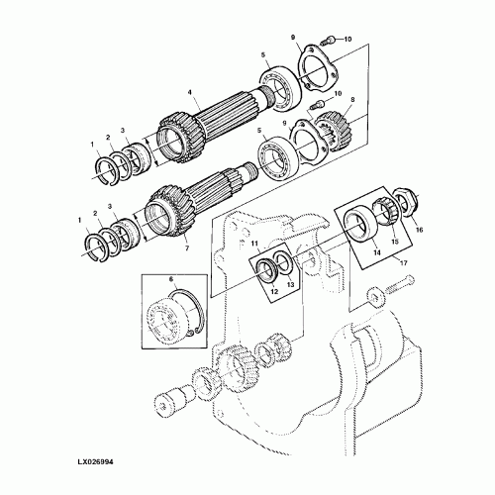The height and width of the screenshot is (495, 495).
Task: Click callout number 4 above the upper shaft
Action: point(190,93)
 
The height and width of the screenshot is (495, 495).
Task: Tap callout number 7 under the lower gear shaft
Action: point(187,248)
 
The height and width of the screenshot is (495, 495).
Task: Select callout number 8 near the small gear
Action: point(352,99)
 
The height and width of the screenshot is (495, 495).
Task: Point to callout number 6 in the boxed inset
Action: point(171,279)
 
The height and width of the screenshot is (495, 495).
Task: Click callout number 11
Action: point(254,244)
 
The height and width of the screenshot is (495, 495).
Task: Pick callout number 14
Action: point(377,252)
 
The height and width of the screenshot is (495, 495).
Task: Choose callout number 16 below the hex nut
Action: point(419,230)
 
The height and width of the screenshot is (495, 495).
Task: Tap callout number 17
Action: point(403,263)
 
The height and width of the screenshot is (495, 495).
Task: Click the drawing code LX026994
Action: point(95,462)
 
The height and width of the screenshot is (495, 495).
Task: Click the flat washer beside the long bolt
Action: point(375,298)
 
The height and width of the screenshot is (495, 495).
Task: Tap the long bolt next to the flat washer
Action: point(399,283)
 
